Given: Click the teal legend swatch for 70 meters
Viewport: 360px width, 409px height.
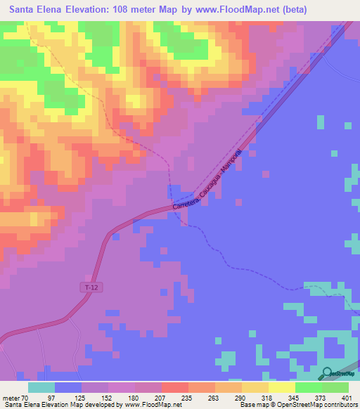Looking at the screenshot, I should (x=41, y=387).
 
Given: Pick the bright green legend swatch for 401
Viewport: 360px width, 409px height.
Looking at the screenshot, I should (x=335, y=387).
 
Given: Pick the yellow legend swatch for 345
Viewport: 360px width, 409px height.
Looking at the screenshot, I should (x=282, y=387).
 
